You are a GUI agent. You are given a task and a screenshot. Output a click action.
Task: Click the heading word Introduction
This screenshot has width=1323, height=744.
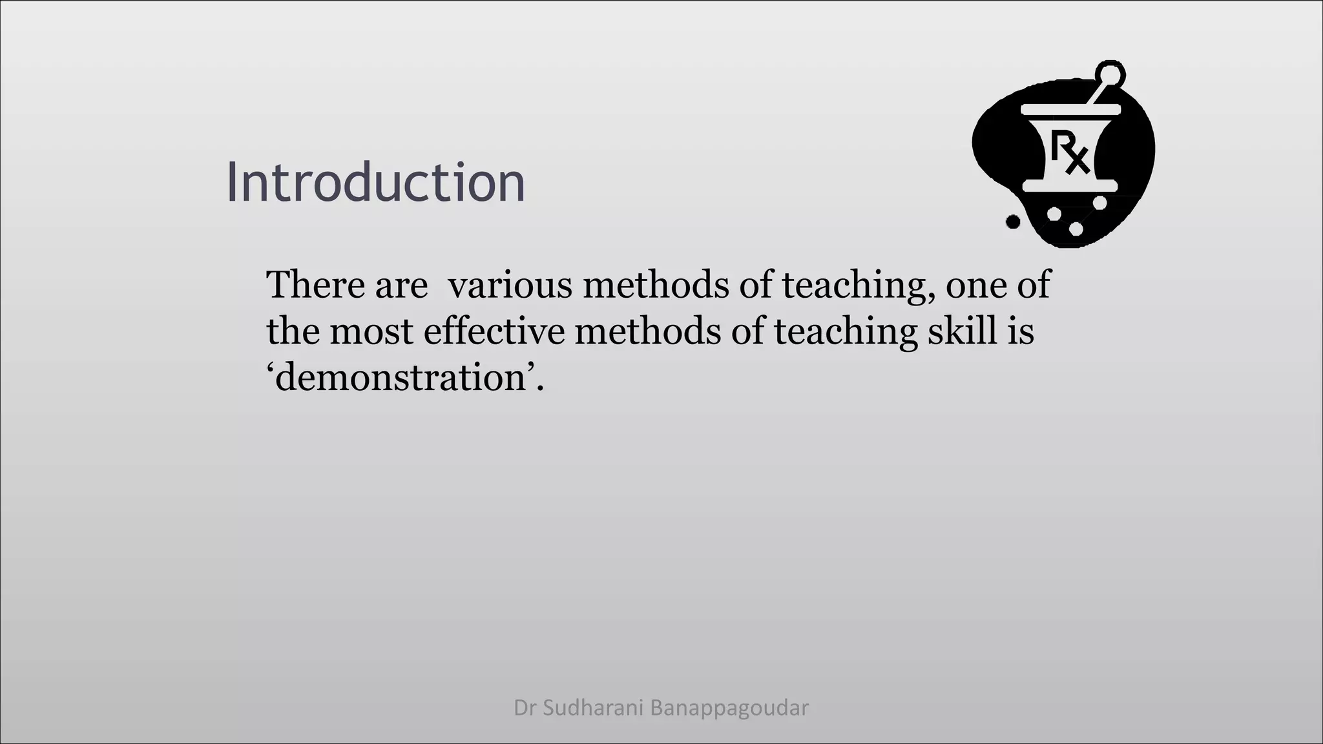(375, 183)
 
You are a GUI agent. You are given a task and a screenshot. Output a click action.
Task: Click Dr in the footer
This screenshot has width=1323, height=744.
(525, 708)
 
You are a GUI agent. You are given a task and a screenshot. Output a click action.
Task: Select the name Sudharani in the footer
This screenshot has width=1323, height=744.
(592, 708)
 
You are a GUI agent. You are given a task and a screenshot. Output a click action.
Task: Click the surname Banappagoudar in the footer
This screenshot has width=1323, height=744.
(729, 708)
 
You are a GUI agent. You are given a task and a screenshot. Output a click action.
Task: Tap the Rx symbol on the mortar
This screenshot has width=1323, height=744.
(1070, 151)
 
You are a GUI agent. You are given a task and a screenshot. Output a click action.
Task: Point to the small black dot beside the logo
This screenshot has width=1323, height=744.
(1013, 222)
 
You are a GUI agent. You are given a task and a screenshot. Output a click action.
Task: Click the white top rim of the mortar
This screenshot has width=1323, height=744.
(1070, 109)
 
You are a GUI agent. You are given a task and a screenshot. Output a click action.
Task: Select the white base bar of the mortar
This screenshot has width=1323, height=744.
(1070, 187)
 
